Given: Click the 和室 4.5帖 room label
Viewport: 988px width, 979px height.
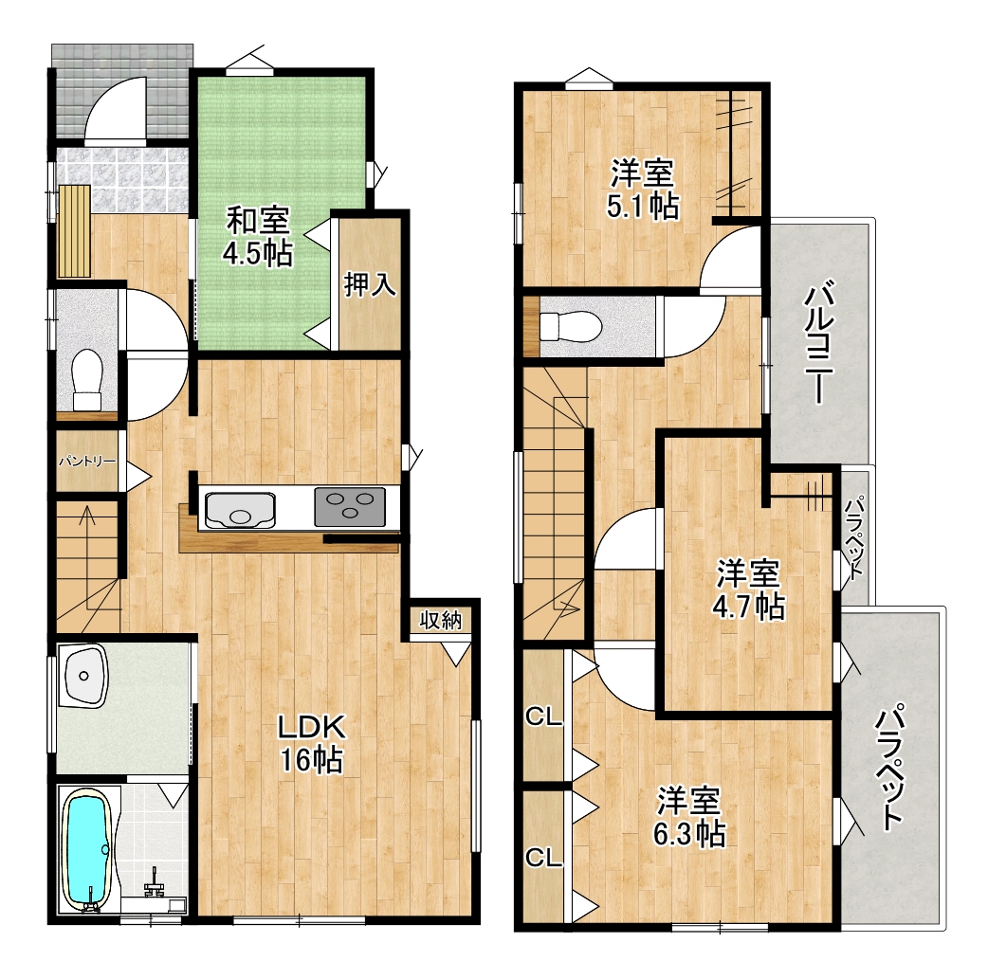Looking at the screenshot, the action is tap(258, 237).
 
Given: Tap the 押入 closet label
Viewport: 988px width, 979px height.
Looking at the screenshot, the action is tap(370, 284).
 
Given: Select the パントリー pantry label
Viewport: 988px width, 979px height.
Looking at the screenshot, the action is tap(87, 462).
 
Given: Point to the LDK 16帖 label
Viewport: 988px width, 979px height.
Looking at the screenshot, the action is tap(311, 743).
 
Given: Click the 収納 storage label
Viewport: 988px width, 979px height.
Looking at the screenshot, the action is tap(441, 621).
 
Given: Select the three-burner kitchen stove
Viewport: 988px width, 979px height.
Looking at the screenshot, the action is tap(350, 506).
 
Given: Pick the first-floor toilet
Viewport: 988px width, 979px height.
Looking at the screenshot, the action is tap(87, 381).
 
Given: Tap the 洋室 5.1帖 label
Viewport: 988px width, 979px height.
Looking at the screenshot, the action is tap(643, 189).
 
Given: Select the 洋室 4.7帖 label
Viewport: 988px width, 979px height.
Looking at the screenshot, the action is tap(748, 589).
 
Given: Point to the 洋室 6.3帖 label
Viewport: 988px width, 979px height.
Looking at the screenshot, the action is tap(688, 816).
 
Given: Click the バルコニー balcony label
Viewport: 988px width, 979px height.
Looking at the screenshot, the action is tap(819, 343).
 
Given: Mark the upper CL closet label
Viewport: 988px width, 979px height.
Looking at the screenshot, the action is tap(543, 716).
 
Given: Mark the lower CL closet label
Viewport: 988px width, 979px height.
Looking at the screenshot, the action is tap(543, 857).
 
